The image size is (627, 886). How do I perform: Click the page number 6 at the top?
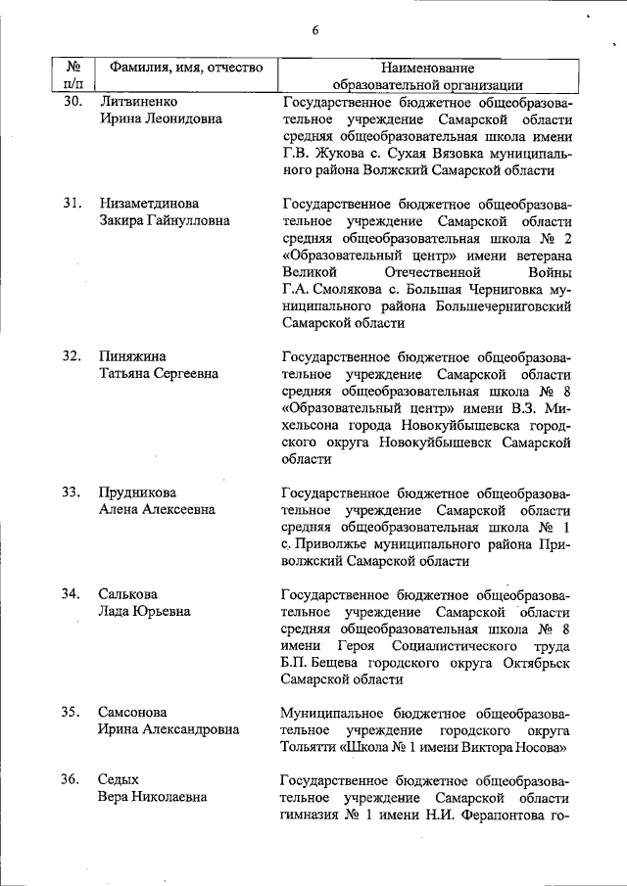click(x=315, y=30)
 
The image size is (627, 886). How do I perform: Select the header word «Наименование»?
click(x=425, y=69)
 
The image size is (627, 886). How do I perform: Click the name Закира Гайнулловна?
click(x=164, y=220)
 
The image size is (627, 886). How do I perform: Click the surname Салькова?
click(x=127, y=594)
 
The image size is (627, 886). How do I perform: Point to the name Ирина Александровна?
click(x=168, y=730)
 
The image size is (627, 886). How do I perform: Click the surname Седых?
click(x=118, y=779)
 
